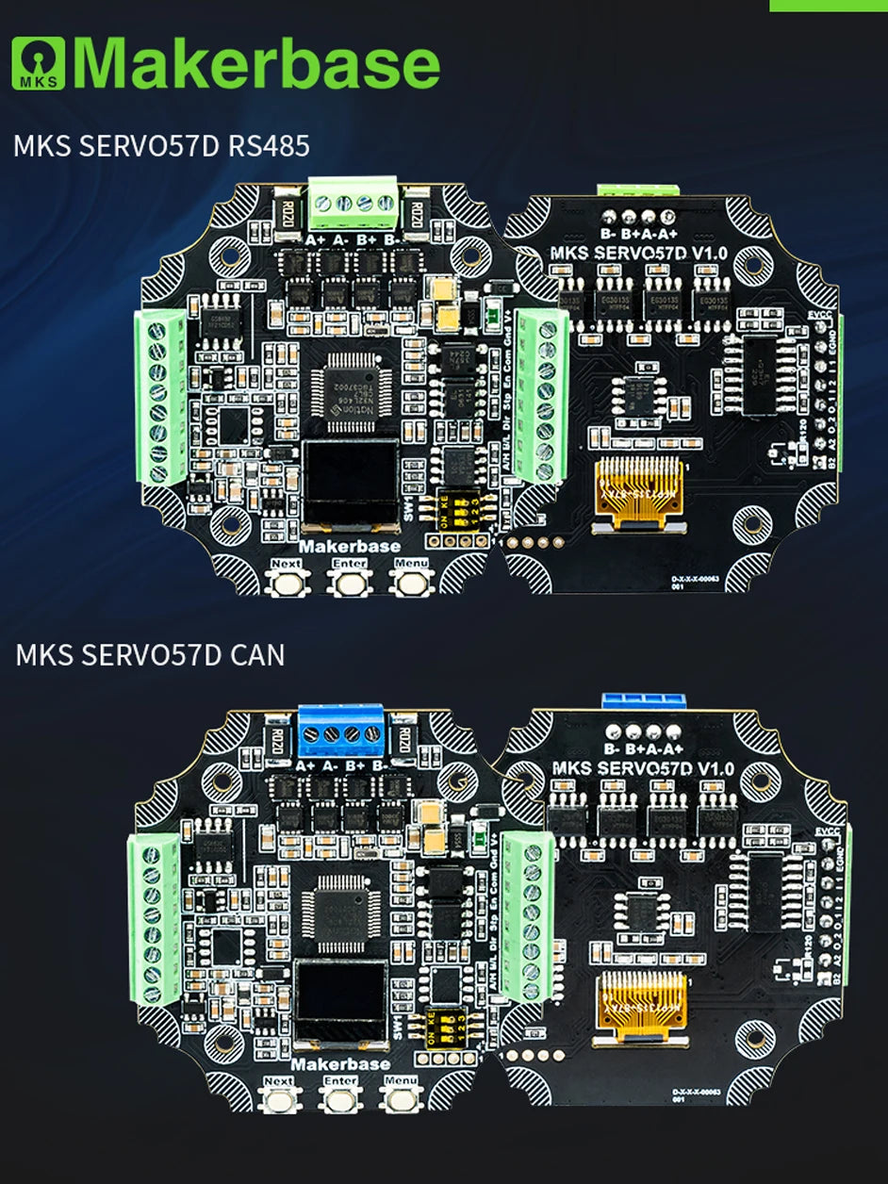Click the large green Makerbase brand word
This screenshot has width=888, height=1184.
tap(256, 64)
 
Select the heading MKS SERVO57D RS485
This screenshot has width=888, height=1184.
tap(162, 147)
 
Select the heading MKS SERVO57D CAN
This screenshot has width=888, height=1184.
tap(150, 654)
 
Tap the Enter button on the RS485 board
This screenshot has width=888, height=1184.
tap(348, 581)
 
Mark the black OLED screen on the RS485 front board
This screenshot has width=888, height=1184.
tap(350, 484)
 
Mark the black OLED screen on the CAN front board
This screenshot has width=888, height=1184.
tap(340, 1003)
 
